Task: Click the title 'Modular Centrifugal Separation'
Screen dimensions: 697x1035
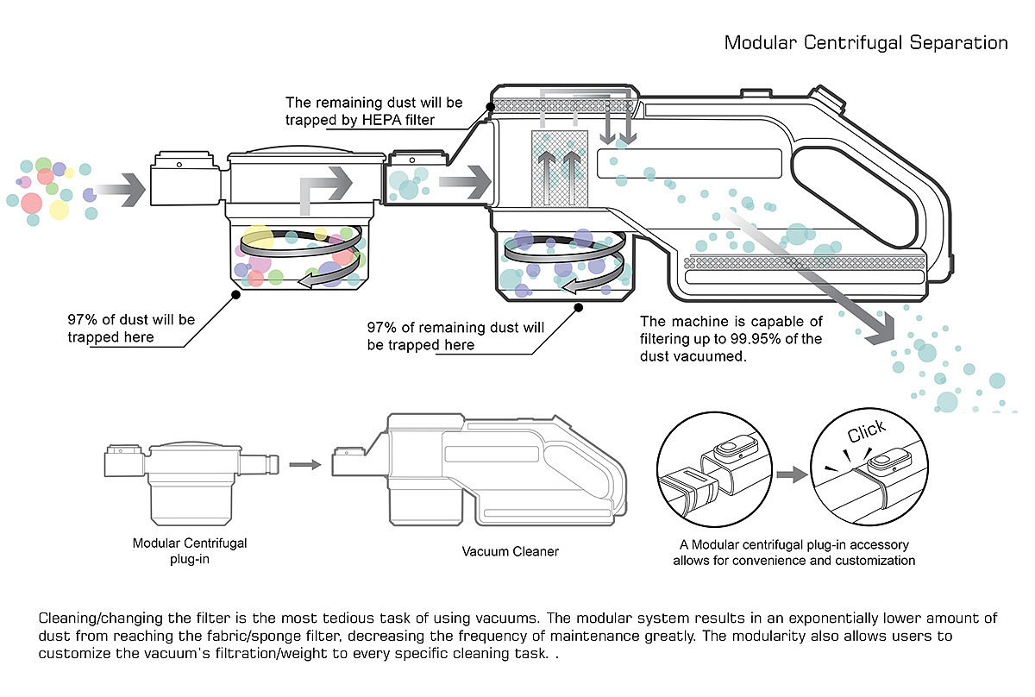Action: (x=865, y=42)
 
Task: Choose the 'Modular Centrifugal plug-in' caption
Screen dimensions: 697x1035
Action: (x=190, y=550)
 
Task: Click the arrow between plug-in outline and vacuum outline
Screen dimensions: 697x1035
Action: (x=301, y=464)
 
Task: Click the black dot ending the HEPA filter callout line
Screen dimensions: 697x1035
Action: (x=489, y=107)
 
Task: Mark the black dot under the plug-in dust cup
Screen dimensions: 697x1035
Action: (x=235, y=294)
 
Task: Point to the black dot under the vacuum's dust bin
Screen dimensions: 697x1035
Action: (x=579, y=306)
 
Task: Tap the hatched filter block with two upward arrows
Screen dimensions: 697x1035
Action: (x=560, y=168)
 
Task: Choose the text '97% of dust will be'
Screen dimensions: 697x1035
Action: (x=131, y=320)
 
